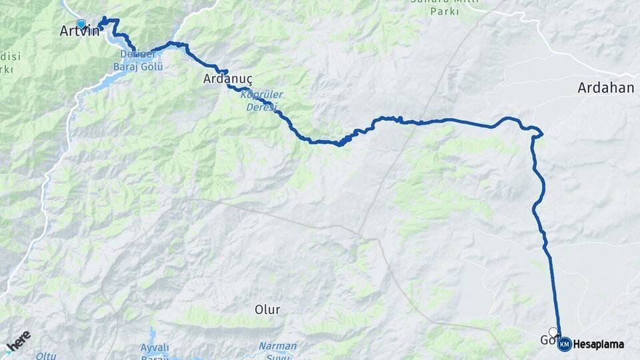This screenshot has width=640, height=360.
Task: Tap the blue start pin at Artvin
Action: (x=81, y=24)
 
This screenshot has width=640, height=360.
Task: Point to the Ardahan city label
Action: (x=605, y=87)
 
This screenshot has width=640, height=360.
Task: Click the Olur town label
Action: (x=267, y=309)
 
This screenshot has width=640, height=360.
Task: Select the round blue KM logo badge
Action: (x=564, y=345)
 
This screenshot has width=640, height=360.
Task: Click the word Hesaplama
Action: (x=598, y=345)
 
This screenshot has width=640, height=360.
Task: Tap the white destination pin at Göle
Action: (x=553, y=332)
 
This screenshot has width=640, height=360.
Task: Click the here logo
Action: (x=18, y=341)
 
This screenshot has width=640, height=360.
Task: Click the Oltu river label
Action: (x=46, y=356)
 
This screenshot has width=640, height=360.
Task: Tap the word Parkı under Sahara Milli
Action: (x=445, y=11)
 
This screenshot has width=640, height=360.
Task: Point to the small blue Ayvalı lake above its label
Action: (x=153, y=333)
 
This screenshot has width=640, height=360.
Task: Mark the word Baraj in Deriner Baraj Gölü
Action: (x=127, y=67)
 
